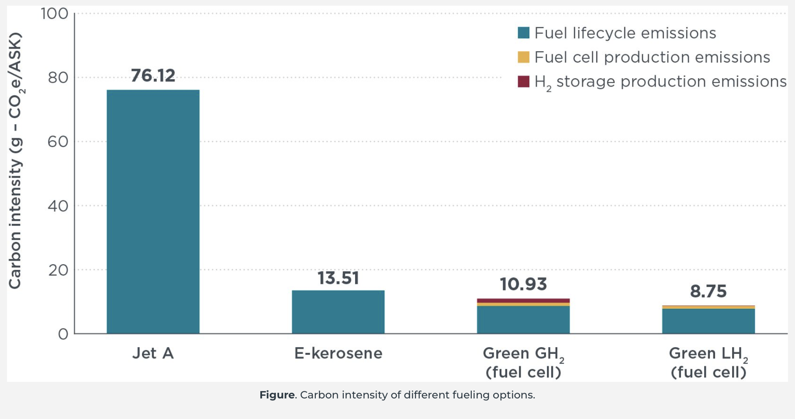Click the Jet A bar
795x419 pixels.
coord(153,212)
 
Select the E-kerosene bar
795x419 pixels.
coord(338,311)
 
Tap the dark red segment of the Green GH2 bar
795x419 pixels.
coord(523,300)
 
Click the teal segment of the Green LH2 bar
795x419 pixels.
coord(708,321)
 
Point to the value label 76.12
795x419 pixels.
coord(153,76)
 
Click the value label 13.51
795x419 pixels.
coord(338,278)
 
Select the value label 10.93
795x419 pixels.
coord(523,284)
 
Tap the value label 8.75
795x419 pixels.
coord(708,291)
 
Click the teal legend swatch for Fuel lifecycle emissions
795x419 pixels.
coord(523,33)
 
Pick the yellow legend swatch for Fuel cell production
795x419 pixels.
coord(523,57)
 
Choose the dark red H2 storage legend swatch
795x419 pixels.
coord(523,81)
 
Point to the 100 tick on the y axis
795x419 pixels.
coord(55,14)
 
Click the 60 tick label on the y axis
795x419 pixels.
coord(58,142)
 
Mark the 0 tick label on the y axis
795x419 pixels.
coord(63,334)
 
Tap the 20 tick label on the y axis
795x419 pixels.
coord(58,270)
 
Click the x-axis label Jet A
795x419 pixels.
coord(153,353)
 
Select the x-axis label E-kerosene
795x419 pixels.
coord(338,353)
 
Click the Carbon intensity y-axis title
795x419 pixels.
coord(15,161)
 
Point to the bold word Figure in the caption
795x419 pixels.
coord(277,395)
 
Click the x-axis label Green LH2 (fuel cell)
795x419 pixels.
coord(708,363)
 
